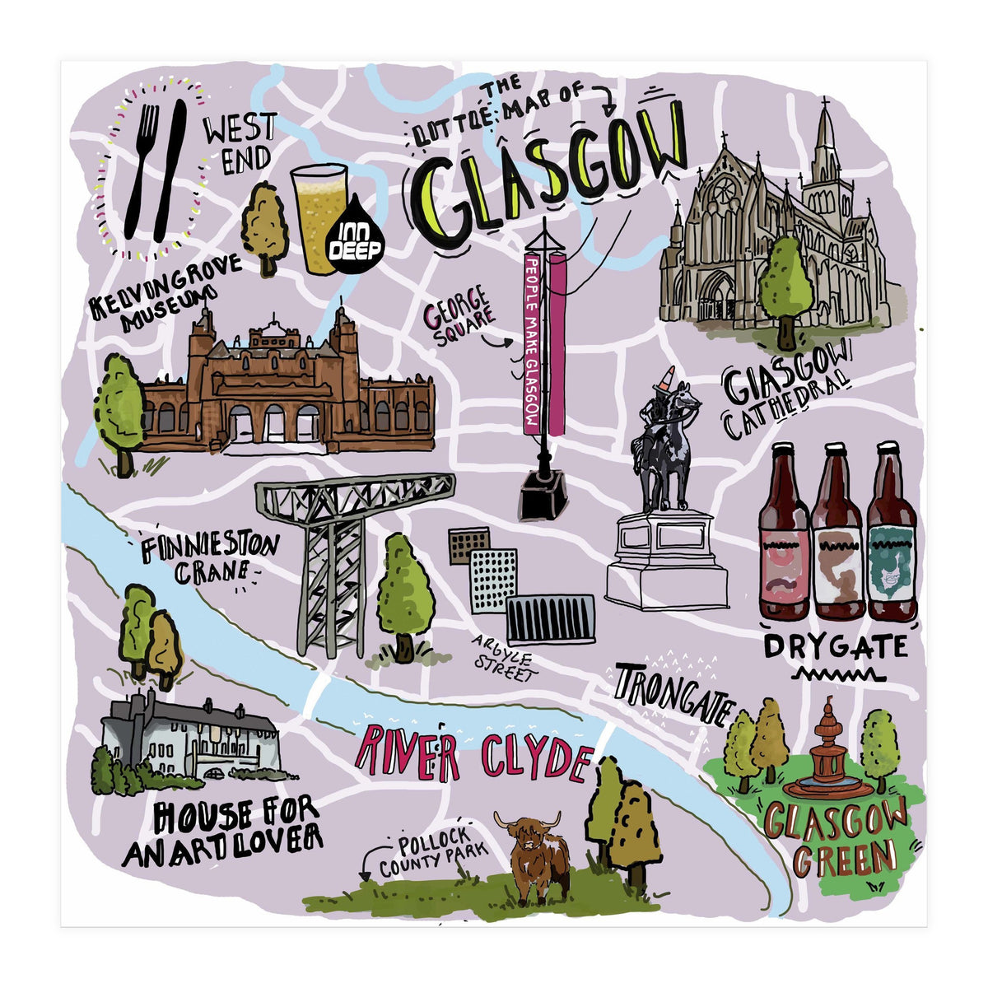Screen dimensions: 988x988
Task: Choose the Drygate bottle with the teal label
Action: click(891, 535)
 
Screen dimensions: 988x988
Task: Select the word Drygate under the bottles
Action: click(835, 647)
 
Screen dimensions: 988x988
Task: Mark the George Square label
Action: click(459, 316)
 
